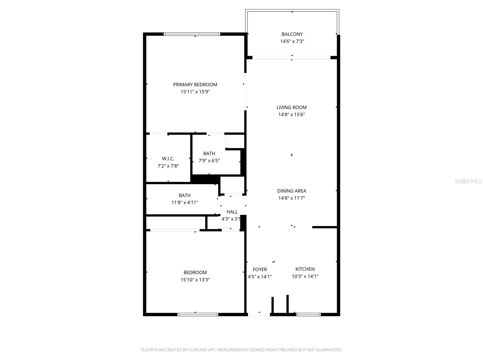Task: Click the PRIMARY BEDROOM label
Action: click(195, 84)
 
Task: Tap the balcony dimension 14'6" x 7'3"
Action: click(292, 41)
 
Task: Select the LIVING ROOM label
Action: click(291, 107)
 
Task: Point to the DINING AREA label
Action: click(291, 191)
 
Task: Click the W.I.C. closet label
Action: click(168, 159)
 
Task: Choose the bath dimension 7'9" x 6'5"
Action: click(209, 161)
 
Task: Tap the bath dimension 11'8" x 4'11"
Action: click(184, 203)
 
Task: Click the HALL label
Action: click(232, 212)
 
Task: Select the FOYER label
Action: click(260, 269)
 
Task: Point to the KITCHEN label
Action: click(305, 269)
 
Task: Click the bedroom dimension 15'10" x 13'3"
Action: click(195, 280)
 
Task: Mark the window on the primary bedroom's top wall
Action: click(192, 34)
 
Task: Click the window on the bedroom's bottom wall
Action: click(198, 314)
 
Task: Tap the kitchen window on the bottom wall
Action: click(308, 314)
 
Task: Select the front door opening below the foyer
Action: click(259, 314)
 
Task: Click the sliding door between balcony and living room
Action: click(291, 57)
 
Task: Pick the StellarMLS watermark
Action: click(468, 181)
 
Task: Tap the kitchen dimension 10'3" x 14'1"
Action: click(305, 276)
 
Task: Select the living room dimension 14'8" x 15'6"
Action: click(291, 115)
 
